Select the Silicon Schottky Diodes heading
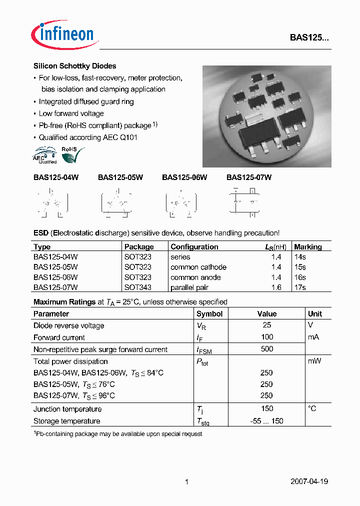74,66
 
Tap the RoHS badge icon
69,154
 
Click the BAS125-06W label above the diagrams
184,177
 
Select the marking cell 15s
300,267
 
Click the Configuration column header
194,246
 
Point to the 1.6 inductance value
276,287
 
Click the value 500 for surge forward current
267,349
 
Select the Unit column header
315,314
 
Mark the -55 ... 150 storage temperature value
266,421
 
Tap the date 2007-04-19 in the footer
309,482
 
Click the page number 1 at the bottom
186,482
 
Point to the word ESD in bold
41,233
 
